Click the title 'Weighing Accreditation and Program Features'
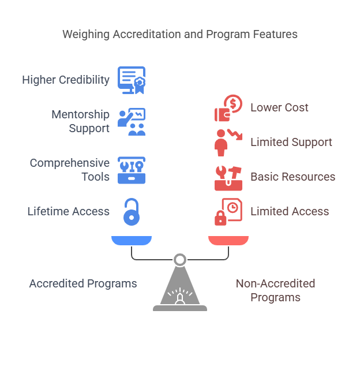[180, 35]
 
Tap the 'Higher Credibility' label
[66, 80]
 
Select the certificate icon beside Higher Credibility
[132, 80]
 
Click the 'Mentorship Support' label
[80, 121]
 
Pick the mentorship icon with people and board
[132, 122]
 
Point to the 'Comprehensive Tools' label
[70, 170]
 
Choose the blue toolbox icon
[132, 170]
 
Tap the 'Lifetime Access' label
[69, 211]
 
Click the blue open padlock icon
[132, 211]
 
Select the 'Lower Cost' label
[279, 107]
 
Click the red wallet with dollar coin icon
[228, 108]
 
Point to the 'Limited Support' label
[291, 142]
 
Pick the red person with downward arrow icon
[227, 142]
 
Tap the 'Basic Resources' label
[292, 177]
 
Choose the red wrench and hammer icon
[228, 177]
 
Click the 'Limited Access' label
[290, 211]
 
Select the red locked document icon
[228, 212]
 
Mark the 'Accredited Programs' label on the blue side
[83, 283]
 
